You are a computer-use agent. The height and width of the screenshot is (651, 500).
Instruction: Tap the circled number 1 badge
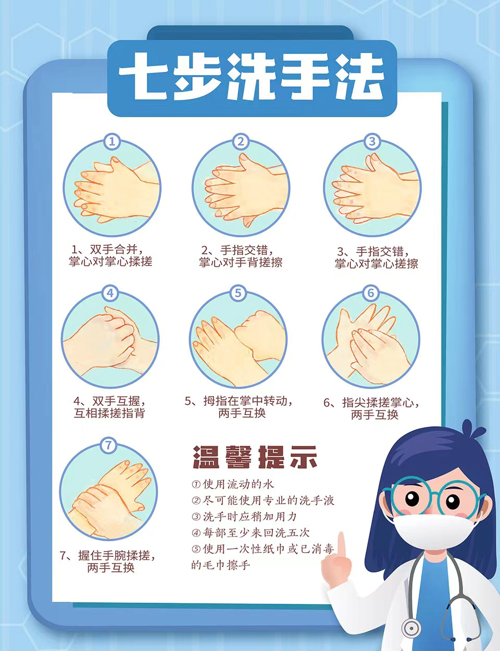coord(112,142)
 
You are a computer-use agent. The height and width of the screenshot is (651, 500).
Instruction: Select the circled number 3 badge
coord(372,142)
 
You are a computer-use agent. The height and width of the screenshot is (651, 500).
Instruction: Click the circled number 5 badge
coord(238,293)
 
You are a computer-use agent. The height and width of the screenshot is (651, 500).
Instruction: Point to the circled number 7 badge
coord(108,445)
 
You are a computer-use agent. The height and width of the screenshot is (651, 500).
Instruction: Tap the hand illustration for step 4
coord(110,341)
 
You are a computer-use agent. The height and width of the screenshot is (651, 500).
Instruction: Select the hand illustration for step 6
coord(370,341)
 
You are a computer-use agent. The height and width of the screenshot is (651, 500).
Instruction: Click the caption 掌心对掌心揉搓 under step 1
coord(111,262)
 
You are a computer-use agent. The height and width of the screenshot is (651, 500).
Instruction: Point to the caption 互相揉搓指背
coord(109,414)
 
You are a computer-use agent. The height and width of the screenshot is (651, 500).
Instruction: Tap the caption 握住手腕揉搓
coord(116,555)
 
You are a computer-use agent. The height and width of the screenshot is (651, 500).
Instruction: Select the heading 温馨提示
coord(255,458)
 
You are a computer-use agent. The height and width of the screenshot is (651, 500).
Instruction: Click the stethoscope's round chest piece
coord(410,628)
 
